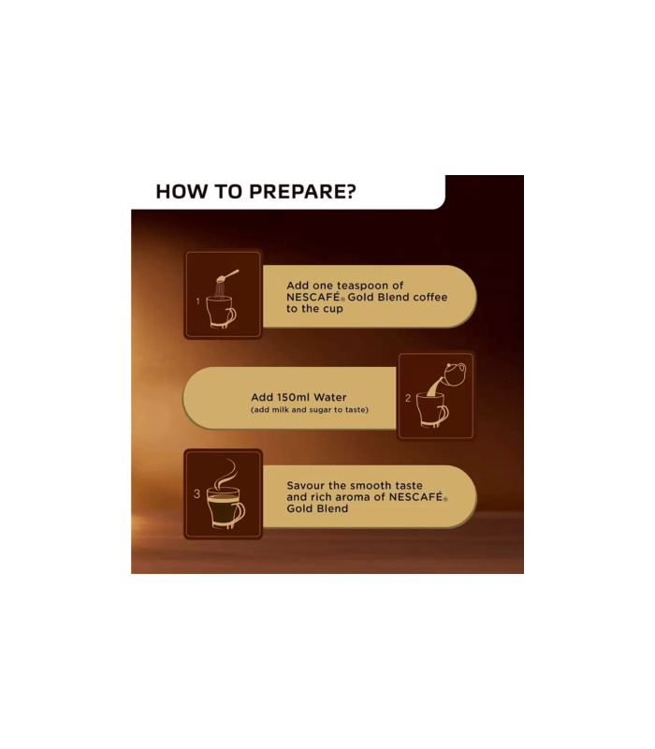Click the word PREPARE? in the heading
tap(302, 192)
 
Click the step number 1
tap(197, 301)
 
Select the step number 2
tap(408, 398)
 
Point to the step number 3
tap(196, 494)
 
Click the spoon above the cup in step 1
tap(227, 276)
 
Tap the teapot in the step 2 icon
tap(454, 374)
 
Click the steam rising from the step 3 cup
tap(226, 473)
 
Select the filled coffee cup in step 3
tap(226, 507)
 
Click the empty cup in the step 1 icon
tap(221, 312)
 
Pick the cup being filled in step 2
tap(432, 409)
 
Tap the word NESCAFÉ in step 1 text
tap(313, 297)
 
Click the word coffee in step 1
tap(430, 297)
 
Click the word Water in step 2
tap(330, 397)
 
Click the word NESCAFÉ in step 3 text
tap(416, 497)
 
